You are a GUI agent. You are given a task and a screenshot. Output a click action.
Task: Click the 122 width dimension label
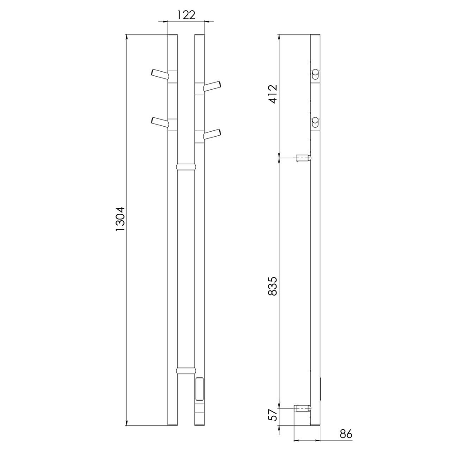(185, 14)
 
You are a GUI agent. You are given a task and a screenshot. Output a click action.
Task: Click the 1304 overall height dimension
(120, 219)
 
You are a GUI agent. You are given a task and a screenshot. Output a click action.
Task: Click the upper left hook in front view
(160, 74)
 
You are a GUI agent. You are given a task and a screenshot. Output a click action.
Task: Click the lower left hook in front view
(160, 122)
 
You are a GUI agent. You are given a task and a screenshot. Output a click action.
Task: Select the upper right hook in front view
(212, 86)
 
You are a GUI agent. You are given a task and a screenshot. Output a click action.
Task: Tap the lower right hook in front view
(212, 134)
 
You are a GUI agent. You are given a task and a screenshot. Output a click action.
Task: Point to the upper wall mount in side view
(302, 158)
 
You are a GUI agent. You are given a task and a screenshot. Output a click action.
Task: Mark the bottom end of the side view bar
(316, 423)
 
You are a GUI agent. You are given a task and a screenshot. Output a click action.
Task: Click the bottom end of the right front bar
(199, 423)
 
